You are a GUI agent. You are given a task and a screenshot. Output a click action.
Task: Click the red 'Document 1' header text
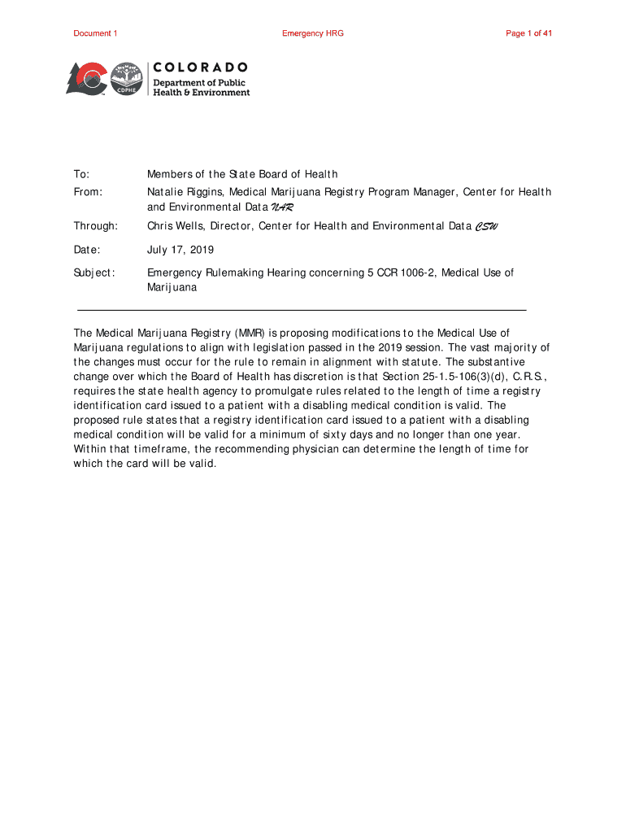(95, 33)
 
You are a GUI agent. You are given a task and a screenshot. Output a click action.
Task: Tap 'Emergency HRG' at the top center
(313, 33)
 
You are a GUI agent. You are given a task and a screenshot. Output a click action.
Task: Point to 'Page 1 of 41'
(529, 33)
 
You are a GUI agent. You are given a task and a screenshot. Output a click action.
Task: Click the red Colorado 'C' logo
(86, 78)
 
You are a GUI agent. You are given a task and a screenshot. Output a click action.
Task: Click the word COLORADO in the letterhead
(200, 67)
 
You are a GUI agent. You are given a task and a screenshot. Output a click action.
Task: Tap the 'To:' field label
(81, 174)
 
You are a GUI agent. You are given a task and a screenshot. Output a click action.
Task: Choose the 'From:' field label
(88, 192)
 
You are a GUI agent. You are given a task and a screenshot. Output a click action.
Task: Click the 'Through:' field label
(95, 225)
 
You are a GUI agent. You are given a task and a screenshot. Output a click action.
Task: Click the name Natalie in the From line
(164, 192)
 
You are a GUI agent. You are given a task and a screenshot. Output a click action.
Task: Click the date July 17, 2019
(179, 249)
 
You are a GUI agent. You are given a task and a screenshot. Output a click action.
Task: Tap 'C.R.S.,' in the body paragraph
(527, 376)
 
